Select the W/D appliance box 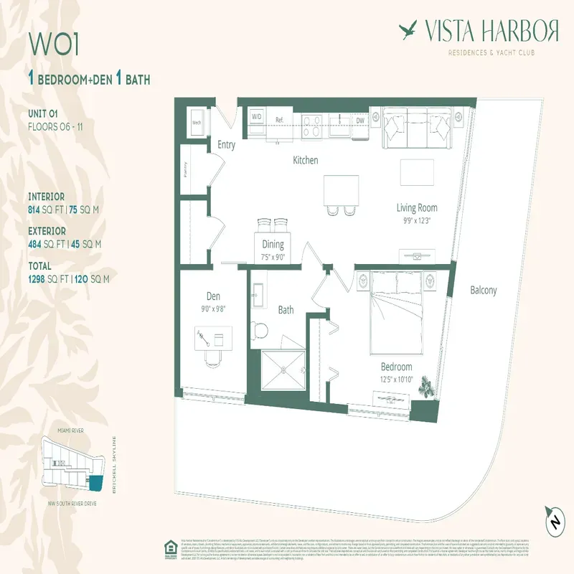click(257, 116)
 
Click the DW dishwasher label click(359, 121)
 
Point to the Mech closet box click(194, 121)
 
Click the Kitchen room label click(305, 160)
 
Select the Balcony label click(483, 291)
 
